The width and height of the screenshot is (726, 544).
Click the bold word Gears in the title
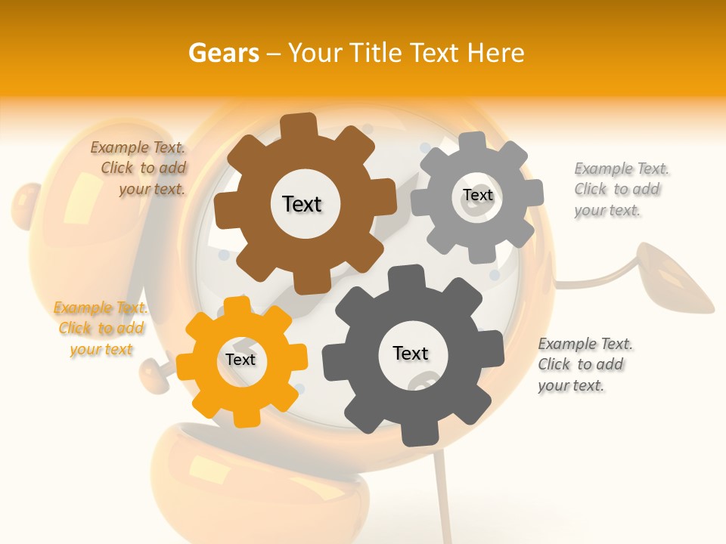(x=222, y=53)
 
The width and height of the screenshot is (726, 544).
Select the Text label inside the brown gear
(x=302, y=204)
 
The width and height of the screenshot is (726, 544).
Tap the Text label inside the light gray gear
(x=477, y=195)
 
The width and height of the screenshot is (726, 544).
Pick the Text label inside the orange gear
(x=240, y=360)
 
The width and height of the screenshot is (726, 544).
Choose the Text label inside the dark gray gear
(x=411, y=353)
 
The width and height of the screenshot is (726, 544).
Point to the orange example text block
(x=101, y=329)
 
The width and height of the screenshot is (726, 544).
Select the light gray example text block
(x=621, y=189)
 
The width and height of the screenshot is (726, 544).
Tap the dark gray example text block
(x=585, y=364)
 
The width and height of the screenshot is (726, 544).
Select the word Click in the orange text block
(x=75, y=329)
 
